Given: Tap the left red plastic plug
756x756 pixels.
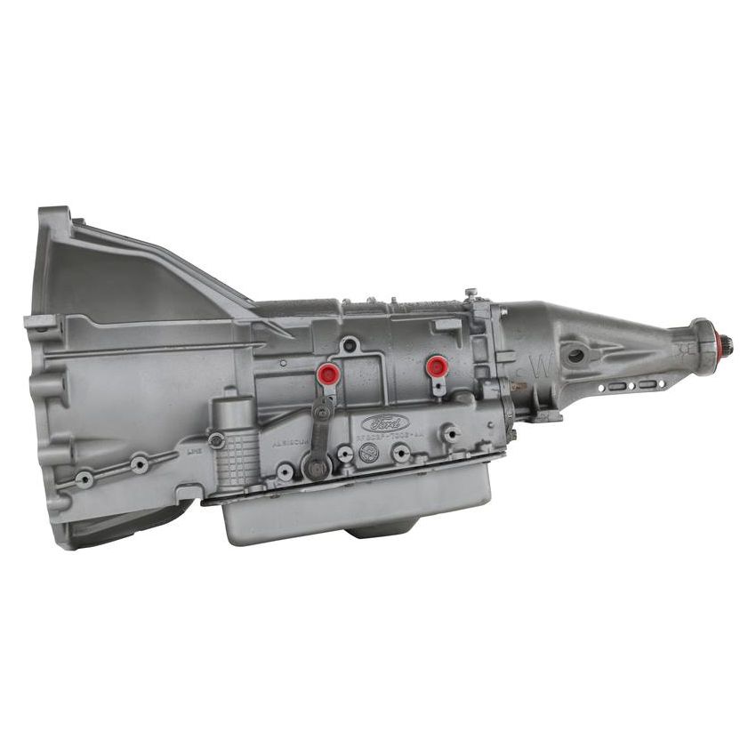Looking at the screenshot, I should (x=328, y=373).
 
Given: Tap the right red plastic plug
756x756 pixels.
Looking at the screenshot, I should (x=435, y=365).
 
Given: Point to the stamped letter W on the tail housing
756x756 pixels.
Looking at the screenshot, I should (x=524, y=364).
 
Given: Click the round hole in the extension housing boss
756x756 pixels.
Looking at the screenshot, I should (x=575, y=355).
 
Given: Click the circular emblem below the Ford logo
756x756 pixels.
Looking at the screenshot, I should (x=368, y=452).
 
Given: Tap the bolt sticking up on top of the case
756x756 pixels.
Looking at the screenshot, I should (x=470, y=294).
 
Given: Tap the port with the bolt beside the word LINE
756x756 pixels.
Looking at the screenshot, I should (x=216, y=439).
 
